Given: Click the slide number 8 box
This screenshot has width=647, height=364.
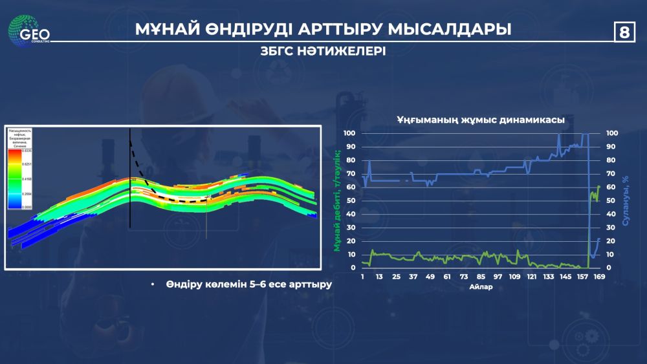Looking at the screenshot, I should pos(624,31).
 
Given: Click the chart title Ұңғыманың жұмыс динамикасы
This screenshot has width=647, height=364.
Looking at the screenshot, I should pos(480,120).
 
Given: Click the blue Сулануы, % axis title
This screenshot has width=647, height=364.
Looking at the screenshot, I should pos(626,200).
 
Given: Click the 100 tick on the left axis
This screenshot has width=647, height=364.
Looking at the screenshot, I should pos(350,133).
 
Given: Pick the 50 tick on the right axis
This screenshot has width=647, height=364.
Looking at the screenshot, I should pos(610,200).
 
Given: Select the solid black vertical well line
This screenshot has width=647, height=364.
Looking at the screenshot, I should pos(130,194).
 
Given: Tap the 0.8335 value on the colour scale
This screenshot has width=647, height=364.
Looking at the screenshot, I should pos(26,151).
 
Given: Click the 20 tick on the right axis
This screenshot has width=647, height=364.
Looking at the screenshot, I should pos(610,241).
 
